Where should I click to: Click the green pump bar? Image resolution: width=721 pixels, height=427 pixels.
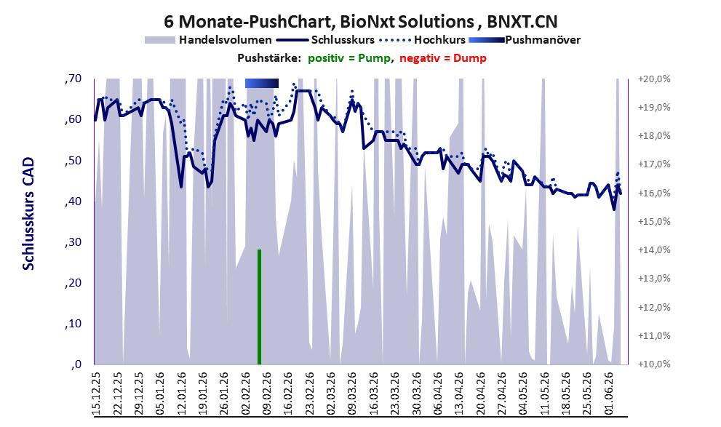pyautogui.click(x=259, y=306)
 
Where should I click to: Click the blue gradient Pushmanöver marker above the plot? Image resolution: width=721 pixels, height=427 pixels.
pyautogui.click(x=262, y=83)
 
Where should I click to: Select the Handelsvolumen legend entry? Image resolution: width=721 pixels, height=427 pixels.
pyautogui.click(x=208, y=40)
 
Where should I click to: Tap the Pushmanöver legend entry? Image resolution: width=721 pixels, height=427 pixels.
pyautogui.click(x=525, y=40)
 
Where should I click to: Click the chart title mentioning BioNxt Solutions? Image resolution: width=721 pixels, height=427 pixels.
pyautogui.click(x=361, y=21)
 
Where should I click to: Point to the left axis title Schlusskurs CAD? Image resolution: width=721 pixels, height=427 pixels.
pyautogui.click(x=28, y=214)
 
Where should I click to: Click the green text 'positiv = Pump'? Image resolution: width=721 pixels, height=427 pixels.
pyautogui.click(x=350, y=58)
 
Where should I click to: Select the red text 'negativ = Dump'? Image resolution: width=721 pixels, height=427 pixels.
pyautogui.click(x=443, y=58)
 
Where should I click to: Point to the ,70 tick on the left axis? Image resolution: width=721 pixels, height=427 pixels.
pyautogui.click(x=73, y=79)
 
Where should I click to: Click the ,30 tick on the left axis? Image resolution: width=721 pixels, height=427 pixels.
pyautogui.click(x=73, y=242)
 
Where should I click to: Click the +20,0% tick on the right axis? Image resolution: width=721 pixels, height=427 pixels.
pyautogui.click(x=654, y=79)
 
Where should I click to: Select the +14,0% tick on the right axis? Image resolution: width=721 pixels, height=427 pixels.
pyautogui.click(x=654, y=250)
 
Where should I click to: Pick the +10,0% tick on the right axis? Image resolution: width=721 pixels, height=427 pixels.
pyautogui.click(x=654, y=364)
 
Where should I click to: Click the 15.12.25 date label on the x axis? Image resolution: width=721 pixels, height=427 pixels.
pyautogui.click(x=96, y=393)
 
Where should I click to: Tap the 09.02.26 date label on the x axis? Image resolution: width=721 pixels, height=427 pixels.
pyautogui.click(x=266, y=393)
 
